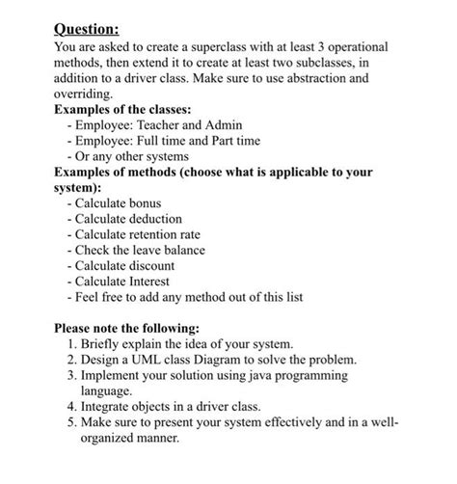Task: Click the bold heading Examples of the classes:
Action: click(134, 110)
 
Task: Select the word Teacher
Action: click(167, 125)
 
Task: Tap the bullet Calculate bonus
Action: click(124, 203)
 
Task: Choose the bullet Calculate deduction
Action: click(134, 219)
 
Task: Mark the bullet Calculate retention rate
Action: click(150, 234)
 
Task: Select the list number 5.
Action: click(73, 421)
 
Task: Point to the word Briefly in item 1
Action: click(111, 343)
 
